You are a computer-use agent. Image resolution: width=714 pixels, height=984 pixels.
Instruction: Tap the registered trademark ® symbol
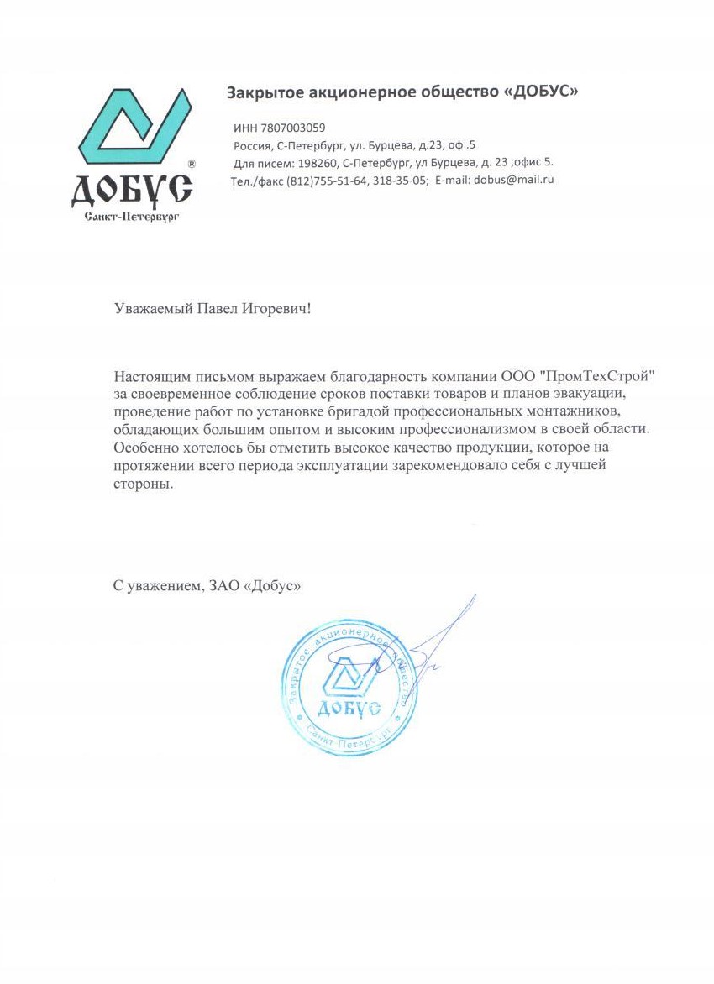(x=192, y=165)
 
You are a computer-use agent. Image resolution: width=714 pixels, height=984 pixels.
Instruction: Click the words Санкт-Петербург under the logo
(x=133, y=217)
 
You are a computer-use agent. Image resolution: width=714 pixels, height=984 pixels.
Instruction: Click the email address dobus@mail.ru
(x=514, y=180)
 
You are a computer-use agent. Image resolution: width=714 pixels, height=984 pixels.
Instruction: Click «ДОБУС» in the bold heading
(x=538, y=92)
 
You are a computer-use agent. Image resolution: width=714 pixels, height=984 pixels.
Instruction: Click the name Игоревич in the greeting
(x=276, y=309)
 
